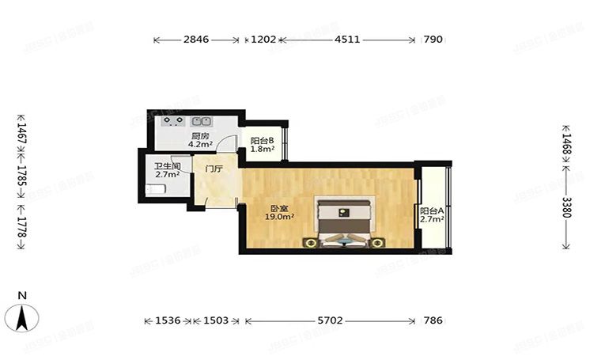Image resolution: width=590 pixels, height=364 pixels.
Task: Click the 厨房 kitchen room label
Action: click(x=200, y=136)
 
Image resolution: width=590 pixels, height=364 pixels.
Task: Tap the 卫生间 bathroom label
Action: click(x=167, y=166)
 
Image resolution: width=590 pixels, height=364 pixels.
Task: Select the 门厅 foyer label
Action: click(x=214, y=169)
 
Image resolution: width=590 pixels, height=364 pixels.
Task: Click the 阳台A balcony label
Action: click(x=431, y=211)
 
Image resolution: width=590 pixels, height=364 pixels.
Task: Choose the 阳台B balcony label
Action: click(x=262, y=141)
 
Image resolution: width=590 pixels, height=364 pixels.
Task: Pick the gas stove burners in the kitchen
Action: click(x=172, y=122)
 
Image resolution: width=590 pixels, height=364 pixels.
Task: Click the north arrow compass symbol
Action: click(x=24, y=318)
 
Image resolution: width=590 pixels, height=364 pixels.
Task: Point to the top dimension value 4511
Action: click(x=348, y=39)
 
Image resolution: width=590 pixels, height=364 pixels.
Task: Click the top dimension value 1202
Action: click(x=263, y=39)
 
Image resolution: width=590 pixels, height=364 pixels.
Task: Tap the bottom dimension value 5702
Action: click(x=330, y=320)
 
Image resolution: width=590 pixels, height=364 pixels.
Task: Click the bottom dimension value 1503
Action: click(x=215, y=320)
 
